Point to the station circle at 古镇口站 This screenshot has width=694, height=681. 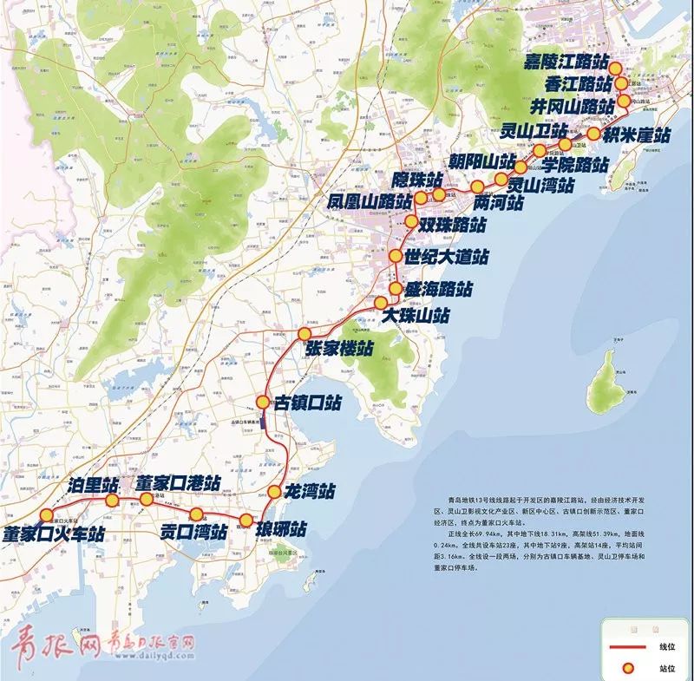point(263,402)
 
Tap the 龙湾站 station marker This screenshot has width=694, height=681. point(274,492)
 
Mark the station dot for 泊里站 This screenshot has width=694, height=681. point(112,501)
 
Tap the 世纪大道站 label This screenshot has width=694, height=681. point(447,257)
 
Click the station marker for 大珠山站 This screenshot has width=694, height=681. point(381,302)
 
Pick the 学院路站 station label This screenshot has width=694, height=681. point(574,165)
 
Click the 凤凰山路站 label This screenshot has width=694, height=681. point(370,201)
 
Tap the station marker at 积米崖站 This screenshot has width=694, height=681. point(593,134)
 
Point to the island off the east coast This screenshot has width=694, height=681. point(608,382)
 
